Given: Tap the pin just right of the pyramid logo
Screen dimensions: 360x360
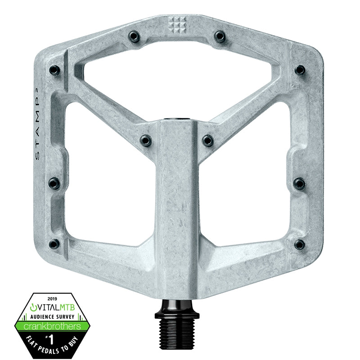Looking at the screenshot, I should tap(220, 36).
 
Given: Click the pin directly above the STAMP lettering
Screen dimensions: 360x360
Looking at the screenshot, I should tap(54, 70).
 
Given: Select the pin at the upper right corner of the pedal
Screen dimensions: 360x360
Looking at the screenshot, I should tap(300, 70).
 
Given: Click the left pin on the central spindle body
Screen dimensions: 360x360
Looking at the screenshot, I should tap(146, 140).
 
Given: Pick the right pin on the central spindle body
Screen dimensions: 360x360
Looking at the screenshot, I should tap(207, 140).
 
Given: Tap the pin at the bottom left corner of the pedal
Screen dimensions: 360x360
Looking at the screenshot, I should tap(54, 244).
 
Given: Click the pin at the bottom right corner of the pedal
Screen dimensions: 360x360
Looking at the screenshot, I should tap(299, 244).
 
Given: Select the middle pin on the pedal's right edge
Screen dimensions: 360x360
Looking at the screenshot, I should tap(299, 183).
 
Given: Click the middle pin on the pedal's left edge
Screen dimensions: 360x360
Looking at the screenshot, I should tap(54, 183).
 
